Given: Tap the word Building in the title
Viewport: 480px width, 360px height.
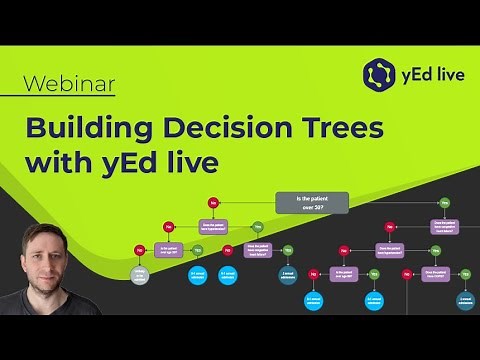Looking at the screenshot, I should [x=100, y=128].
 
